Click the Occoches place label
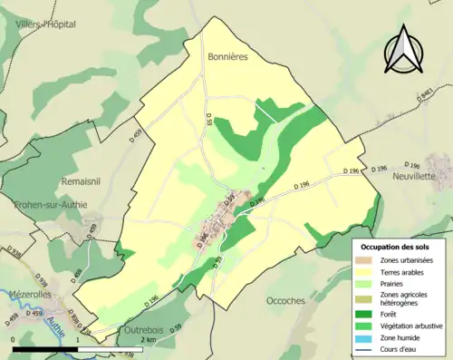pos(288,300)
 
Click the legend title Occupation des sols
pos(397,247)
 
